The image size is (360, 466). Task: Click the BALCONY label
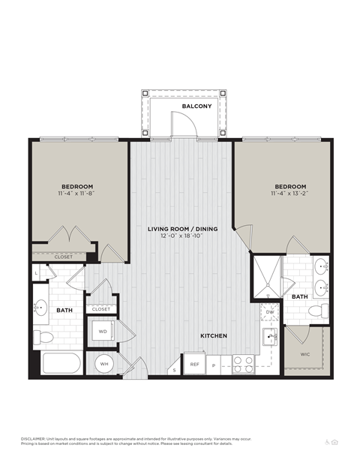[x=196, y=107]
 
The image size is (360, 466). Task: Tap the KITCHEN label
[x=214, y=335]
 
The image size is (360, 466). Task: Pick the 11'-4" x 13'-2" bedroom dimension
[x=289, y=194]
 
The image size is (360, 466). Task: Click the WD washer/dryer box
[x=102, y=331]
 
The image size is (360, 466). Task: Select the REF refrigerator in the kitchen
[x=194, y=364]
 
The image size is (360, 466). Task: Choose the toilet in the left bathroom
[x=44, y=337]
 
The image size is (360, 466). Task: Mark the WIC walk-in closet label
[x=304, y=354]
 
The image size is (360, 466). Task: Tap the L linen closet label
[x=37, y=273]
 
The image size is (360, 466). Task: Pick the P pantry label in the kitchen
[x=214, y=365]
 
